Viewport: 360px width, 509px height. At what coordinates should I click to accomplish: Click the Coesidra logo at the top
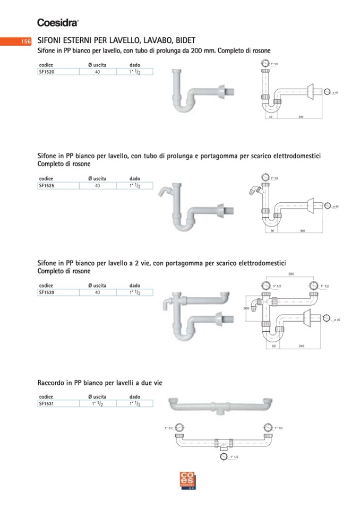[x=58, y=22]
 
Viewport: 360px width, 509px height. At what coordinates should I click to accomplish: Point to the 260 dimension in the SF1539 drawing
[x=292, y=274]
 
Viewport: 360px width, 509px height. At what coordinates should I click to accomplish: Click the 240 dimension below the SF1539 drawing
[x=301, y=346]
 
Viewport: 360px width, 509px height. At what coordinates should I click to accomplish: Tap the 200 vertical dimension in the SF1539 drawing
[x=246, y=308]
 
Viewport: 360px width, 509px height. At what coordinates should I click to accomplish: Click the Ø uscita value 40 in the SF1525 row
[x=98, y=186]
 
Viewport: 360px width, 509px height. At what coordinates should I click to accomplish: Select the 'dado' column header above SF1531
[x=135, y=396]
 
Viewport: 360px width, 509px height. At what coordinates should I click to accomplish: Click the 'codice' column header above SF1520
[x=46, y=64]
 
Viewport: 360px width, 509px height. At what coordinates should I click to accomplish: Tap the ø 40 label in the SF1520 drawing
[x=336, y=93]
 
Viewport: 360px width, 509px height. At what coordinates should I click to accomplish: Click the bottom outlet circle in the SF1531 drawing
[x=224, y=456]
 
